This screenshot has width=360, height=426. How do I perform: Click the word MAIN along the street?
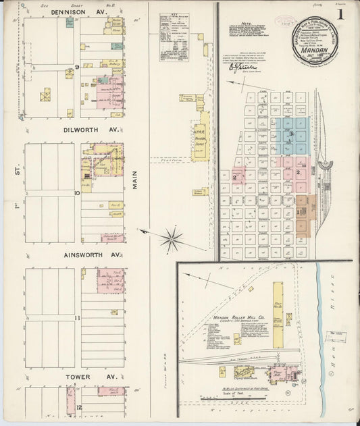[x=135, y=178]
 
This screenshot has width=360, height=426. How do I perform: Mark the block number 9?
[x=77, y=67]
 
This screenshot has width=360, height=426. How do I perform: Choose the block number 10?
[x=77, y=192]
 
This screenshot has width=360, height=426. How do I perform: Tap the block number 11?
[x=77, y=317]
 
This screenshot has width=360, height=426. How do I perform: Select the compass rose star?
[x=172, y=238]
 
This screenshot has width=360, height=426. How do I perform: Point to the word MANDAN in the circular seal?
[x=315, y=50]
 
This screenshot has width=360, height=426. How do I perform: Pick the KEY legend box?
[x=174, y=36]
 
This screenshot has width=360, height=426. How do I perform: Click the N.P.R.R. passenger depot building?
[x=201, y=136]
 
